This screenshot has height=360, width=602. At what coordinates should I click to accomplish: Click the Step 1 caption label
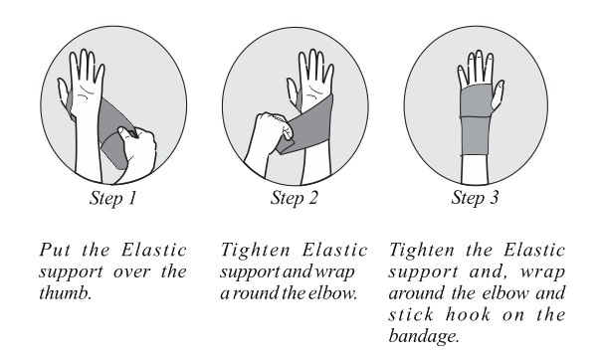point(113,198)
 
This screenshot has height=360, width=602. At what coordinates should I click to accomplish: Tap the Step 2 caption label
point(295,198)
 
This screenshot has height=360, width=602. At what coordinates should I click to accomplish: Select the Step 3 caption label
point(475,198)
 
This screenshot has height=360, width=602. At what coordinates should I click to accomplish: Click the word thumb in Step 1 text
point(66,293)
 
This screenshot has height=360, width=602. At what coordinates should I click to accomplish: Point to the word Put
point(56,250)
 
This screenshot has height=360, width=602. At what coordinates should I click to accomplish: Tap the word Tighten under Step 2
point(256,251)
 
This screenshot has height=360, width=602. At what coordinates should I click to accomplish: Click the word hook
point(468,315)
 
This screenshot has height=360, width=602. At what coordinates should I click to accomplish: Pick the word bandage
point(424,336)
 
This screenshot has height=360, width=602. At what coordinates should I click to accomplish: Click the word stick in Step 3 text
point(411,315)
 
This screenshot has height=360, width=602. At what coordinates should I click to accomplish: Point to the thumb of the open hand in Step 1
point(64,94)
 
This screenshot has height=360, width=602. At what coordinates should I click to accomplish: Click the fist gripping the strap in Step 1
point(137,151)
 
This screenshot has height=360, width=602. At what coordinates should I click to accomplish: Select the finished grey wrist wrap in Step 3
point(476,119)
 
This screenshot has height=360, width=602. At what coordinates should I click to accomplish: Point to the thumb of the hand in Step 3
point(498,94)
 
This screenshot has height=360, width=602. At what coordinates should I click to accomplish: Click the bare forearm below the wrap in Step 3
point(475,170)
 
